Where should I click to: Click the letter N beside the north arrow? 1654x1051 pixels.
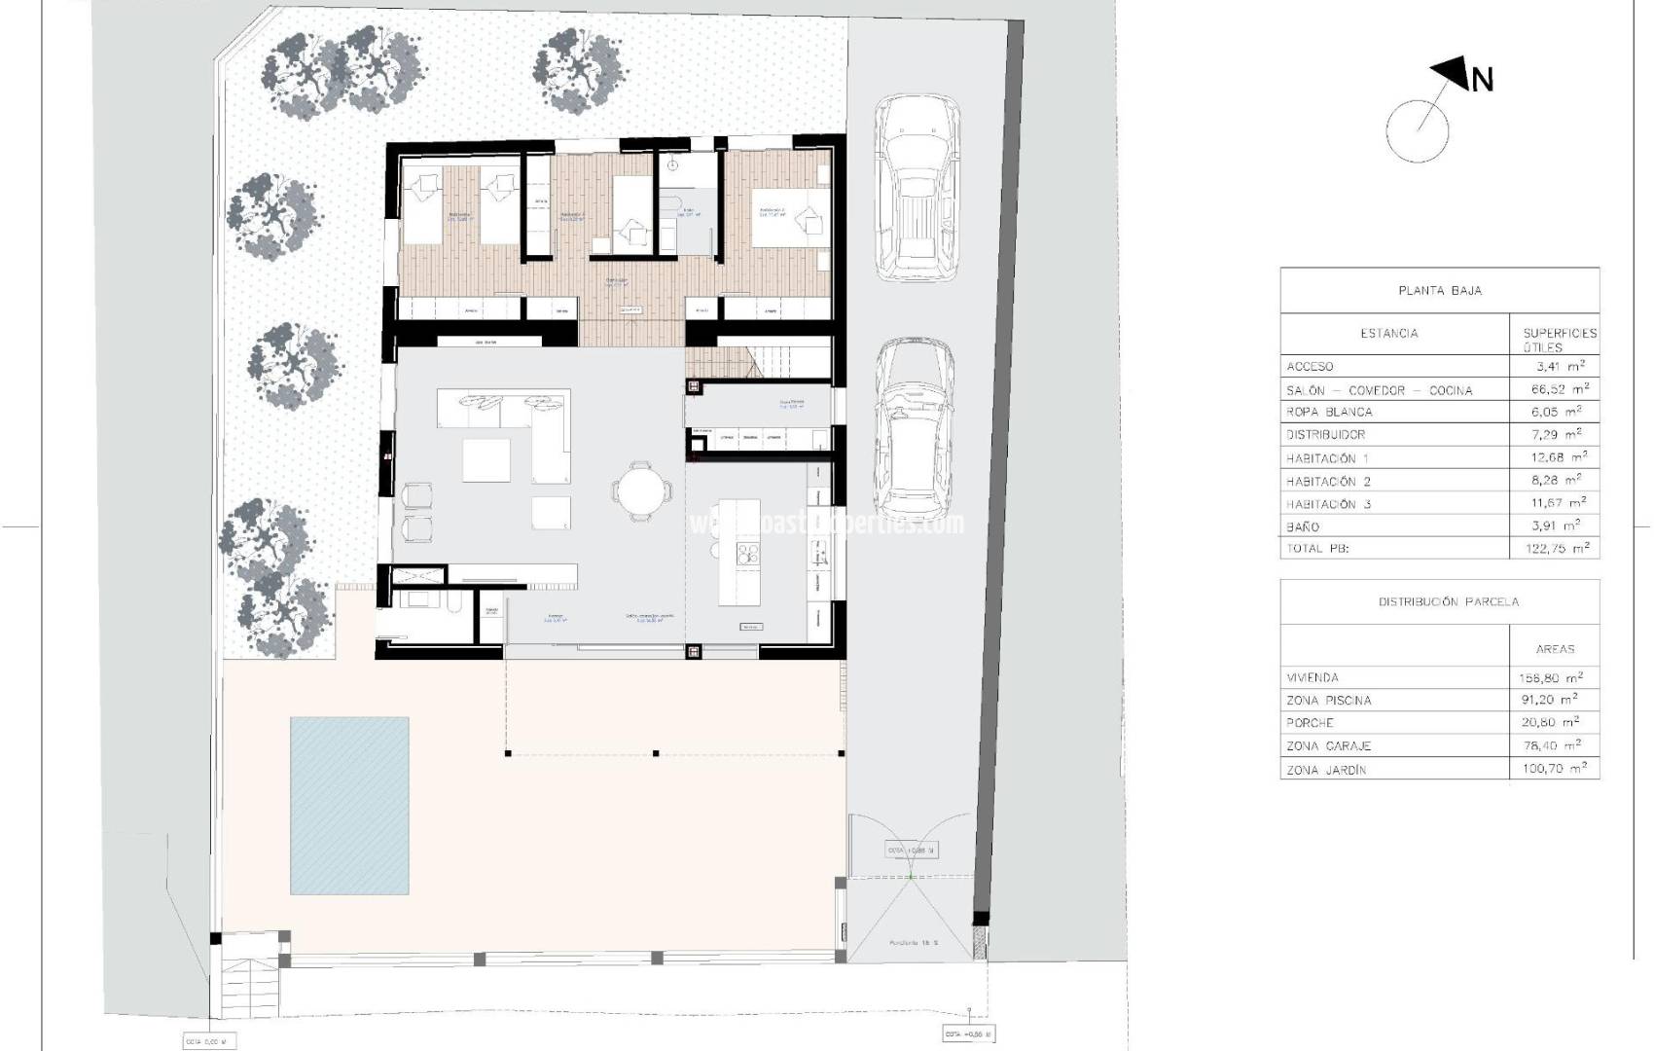click(1481, 80)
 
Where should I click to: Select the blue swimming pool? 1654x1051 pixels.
click(349, 805)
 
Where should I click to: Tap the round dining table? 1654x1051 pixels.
click(641, 489)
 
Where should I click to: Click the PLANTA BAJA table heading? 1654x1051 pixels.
click(1439, 290)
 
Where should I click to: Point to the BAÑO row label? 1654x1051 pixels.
click(1303, 526)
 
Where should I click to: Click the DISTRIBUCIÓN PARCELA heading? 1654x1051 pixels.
click(1439, 601)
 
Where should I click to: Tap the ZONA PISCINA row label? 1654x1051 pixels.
click(1328, 700)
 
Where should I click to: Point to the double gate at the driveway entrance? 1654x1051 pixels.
click(910, 876)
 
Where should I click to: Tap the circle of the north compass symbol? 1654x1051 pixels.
click(1417, 131)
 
